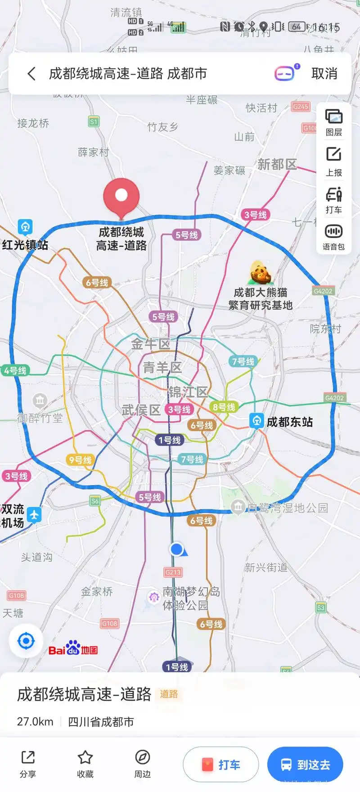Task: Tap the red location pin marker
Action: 121,197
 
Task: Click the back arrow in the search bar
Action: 31,74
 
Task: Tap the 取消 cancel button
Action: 324,74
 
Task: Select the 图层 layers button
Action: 333,122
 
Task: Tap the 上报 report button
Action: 333,161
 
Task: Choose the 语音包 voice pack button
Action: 333,237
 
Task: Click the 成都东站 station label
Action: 289,422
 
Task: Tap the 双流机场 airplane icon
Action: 34,514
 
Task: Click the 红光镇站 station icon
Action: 25,227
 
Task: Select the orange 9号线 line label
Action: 80,460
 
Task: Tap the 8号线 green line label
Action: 224,407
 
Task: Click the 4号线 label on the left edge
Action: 15,371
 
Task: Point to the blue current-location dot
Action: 176,549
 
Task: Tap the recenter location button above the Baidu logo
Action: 26,641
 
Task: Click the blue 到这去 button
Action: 305,765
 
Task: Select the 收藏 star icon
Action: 85,758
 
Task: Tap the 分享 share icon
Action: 28,758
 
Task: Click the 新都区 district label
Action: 277,165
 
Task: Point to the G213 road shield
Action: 173,572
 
